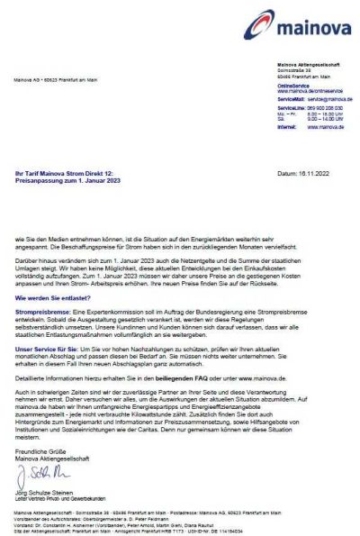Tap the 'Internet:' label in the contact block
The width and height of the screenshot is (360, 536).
click(x=289, y=127)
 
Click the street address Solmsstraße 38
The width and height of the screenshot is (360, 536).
click(x=296, y=70)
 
